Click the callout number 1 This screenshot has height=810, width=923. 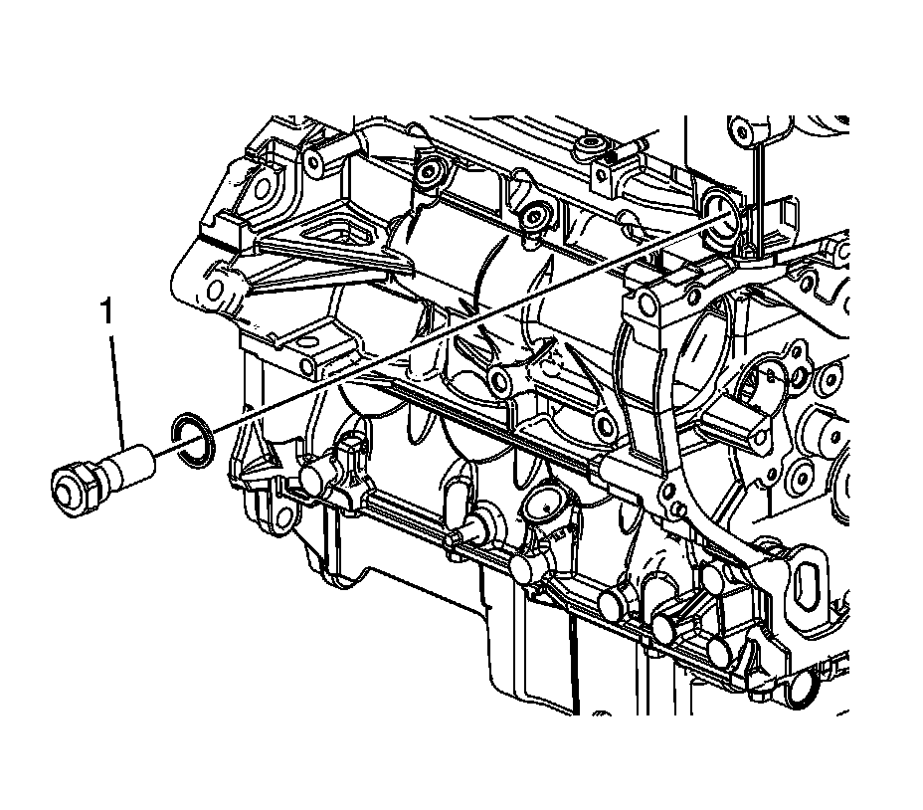click(106, 312)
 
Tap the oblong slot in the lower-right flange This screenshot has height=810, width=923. click(806, 581)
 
